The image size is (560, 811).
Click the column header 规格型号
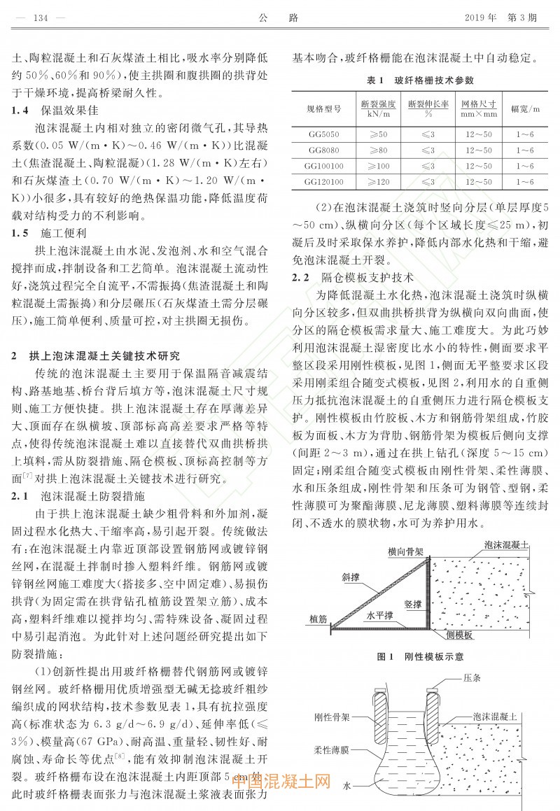[323, 108]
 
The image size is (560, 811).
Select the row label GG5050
[323, 134]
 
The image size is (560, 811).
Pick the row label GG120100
[323, 183]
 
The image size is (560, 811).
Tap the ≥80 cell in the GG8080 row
[379, 150]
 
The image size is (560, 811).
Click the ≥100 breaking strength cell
[379, 167]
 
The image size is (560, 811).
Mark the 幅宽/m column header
[525, 108]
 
